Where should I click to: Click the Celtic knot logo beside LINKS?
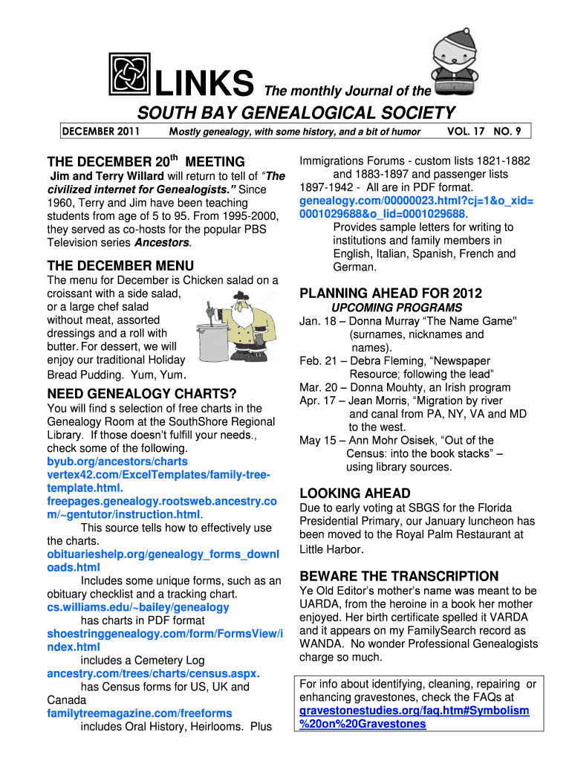tap(129, 76)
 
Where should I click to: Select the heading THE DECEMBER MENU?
tap(120, 265)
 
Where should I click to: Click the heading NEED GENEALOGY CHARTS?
tap(142, 393)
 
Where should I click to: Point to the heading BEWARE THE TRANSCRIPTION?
tap(399, 576)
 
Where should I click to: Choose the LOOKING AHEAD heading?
tap(354, 493)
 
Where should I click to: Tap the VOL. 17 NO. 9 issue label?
tap(484, 132)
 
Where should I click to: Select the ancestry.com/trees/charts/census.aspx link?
tap(153, 673)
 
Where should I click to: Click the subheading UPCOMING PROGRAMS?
tap(397, 308)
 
